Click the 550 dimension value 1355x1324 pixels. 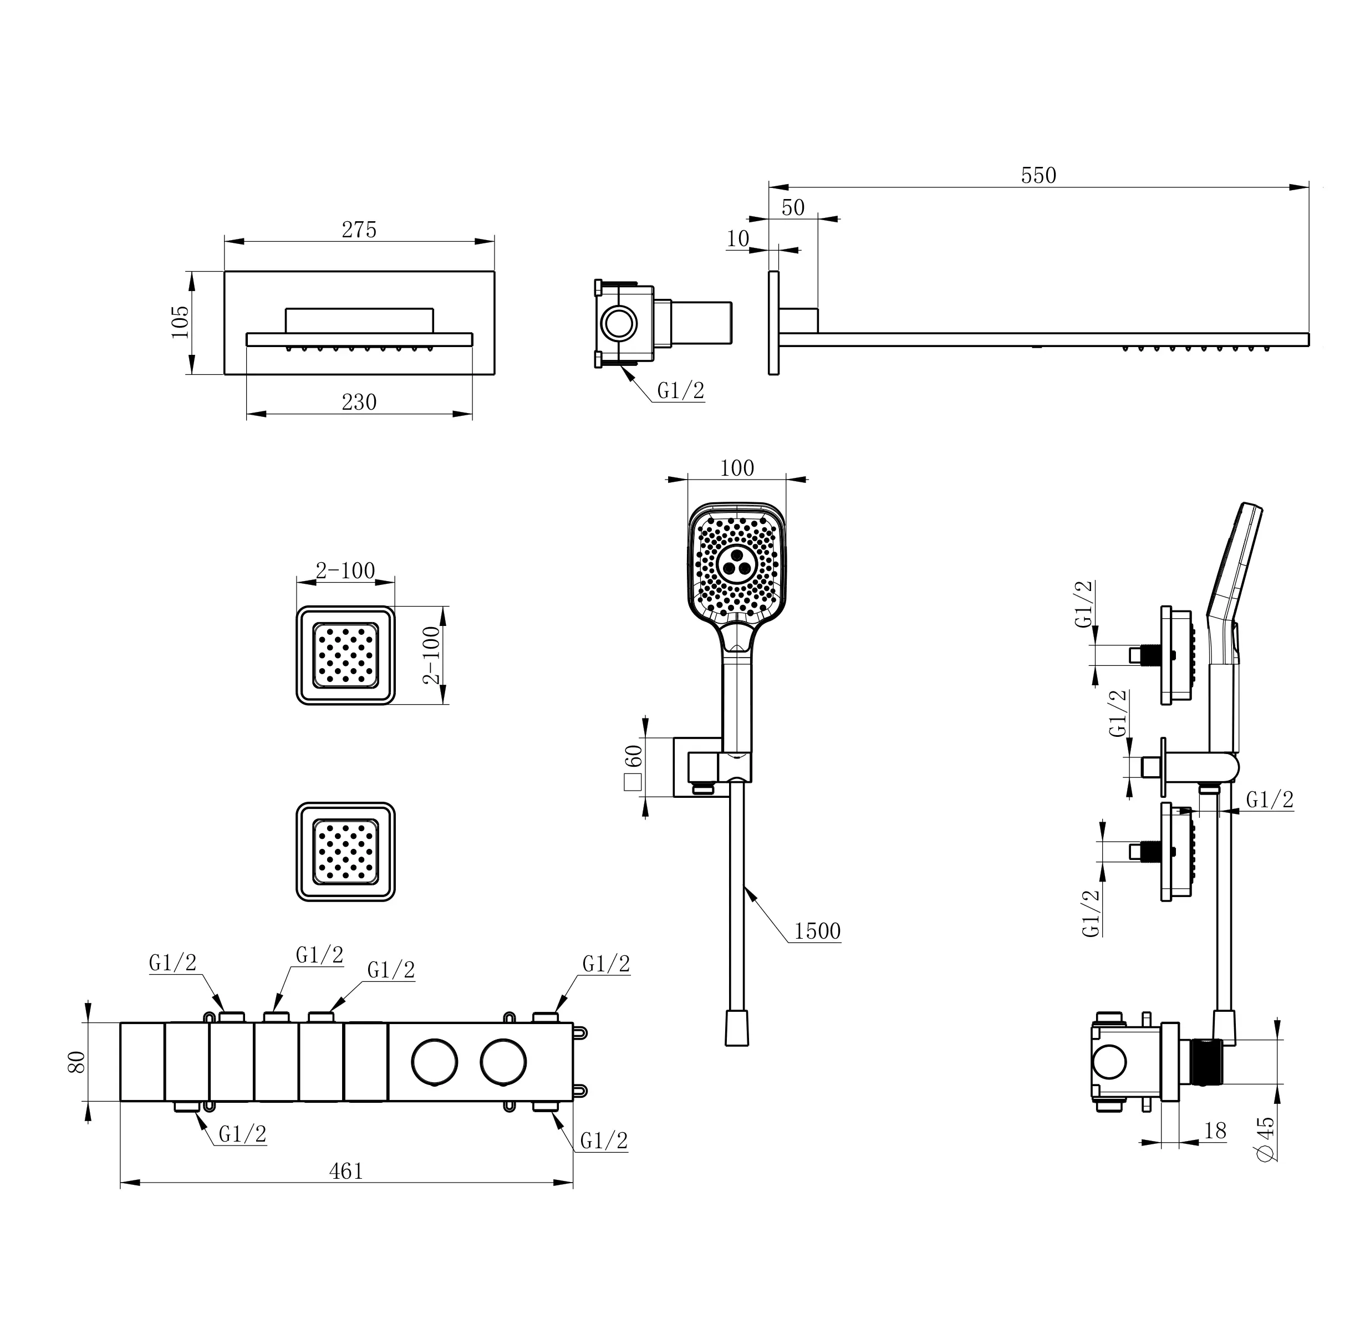(x=1038, y=175)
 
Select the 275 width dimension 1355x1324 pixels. (x=359, y=230)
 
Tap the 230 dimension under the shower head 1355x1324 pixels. (x=359, y=402)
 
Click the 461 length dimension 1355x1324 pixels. (x=345, y=1171)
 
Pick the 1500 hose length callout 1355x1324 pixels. (x=817, y=930)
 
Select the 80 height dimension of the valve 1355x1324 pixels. (x=77, y=1061)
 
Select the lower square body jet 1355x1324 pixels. (x=345, y=852)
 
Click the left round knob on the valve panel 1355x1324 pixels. (x=435, y=1062)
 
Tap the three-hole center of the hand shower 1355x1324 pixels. (x=736, y=561)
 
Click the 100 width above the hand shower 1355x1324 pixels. (x=737, y=468)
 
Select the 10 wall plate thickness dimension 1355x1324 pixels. (x=737, y=238)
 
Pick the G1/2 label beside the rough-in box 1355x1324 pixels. (x=681, y=391)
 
